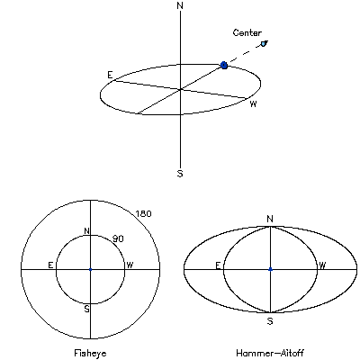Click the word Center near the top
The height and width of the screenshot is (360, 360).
click(247, 32)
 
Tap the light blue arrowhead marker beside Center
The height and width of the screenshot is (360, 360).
click(264, 44)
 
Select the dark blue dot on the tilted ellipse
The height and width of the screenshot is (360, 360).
click(224, 65)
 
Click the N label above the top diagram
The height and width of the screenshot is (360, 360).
click(180, 5)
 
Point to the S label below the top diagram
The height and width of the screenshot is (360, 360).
click(180, 174)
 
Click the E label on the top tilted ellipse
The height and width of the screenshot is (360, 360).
click(111, 75)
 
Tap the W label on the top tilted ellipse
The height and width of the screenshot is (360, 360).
click(253, 104)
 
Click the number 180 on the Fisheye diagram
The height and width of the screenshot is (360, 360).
click(143, 214)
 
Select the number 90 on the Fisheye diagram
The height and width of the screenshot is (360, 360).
click(118, 238)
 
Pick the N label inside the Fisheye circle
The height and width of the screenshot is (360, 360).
click(86, 231)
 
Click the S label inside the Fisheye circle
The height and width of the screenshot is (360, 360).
click(86, 309)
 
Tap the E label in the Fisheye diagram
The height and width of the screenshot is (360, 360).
click(50, 265)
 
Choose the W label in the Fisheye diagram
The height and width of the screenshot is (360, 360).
click(130, 265)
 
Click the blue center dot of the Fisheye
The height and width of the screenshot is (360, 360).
click(90, 270)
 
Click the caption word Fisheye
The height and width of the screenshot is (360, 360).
click(90, 353)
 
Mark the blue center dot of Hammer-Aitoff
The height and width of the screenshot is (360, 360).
click(270, 270)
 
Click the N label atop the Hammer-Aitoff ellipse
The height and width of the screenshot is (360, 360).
click(270, 219)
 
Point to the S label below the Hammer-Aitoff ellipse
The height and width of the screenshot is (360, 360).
click(270, 321)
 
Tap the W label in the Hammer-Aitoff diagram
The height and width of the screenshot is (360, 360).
click(322, 265)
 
